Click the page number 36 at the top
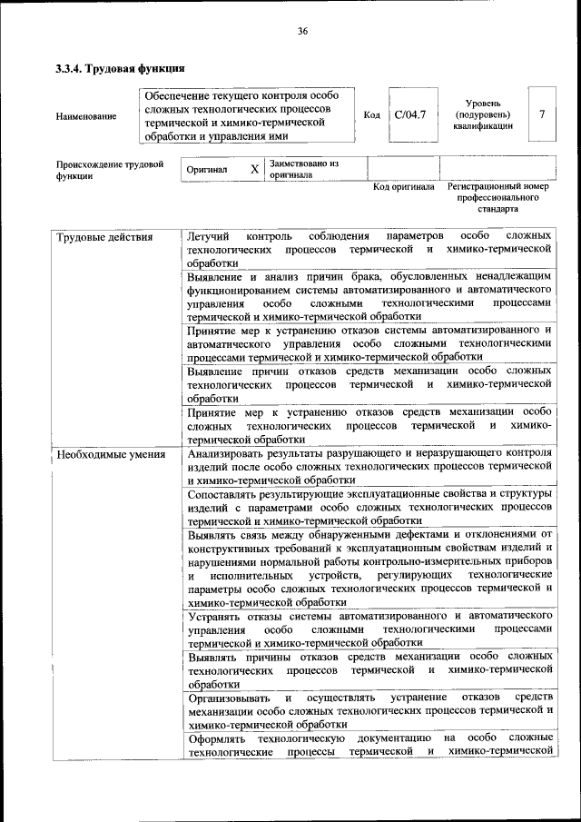point(302,32)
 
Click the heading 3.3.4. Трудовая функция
point(121,68)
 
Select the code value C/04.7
point(410,115)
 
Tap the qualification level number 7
point(542,114)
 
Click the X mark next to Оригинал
point(255,169)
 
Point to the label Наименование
point(86,116)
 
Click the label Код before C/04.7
point(371,115)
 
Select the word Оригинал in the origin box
point(207,170)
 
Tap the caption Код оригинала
point(404,187)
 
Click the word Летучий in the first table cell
point(208,237)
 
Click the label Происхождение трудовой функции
point(109,171)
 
